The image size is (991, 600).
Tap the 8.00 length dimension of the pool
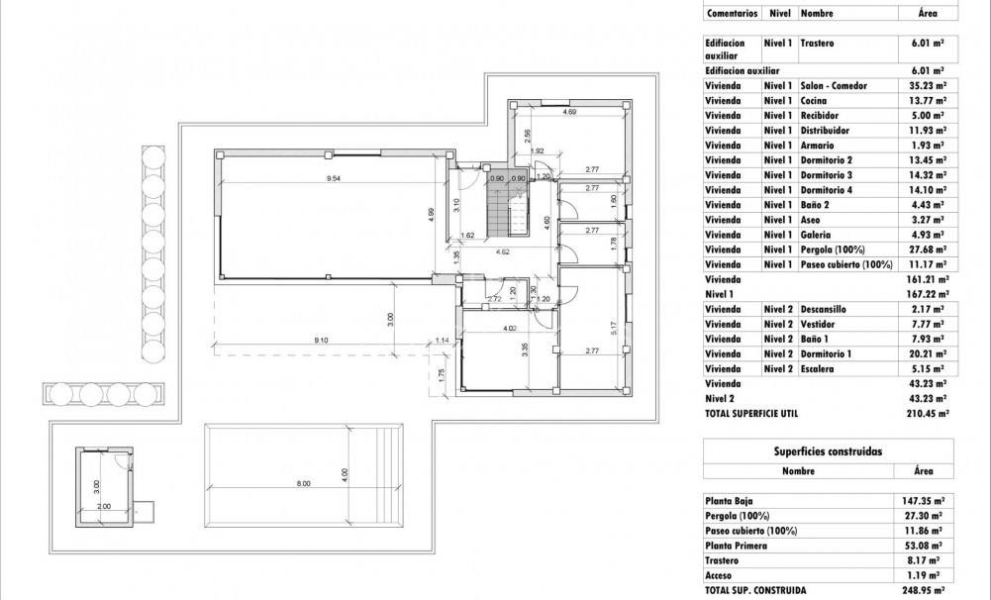click(302, 483)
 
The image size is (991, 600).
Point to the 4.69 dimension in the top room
click(569, 112)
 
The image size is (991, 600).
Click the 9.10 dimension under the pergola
click(321, 340)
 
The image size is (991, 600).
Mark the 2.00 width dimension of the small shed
click(104, 505)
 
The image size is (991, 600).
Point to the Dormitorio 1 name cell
click(826, 353)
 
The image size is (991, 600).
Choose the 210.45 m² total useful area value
click(928, 413)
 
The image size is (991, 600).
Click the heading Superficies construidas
click(827, 450)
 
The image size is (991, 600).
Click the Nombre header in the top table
click(815, 14)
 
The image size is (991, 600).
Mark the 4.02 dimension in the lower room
click(510, 328)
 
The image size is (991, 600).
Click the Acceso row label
click(719, 575)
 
